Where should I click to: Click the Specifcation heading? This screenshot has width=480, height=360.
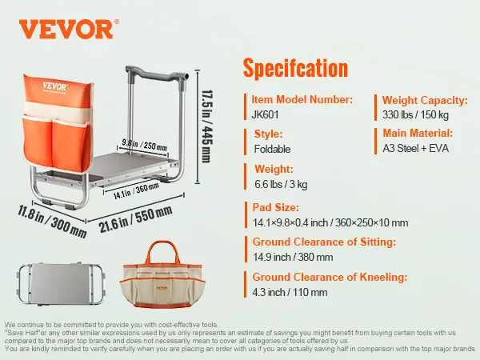pyautogui.click(x=295, y=68)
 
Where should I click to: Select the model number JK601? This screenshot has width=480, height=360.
pyautogui.click(x=265, y=114)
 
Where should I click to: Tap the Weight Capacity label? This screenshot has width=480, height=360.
pyautogui.click(x=425, y=101)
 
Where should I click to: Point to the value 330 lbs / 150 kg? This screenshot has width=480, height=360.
pyautogui.click(x=415, y=114)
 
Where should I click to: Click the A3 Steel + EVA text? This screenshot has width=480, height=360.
pyautogui.click(x=415, y=149)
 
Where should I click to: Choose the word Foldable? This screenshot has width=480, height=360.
pyautogui.click(x=272, y=149)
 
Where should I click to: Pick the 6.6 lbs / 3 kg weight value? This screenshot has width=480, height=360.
pyautogui.click(x=281, y=184)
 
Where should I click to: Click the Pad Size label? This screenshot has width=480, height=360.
pyautogui.click(x=275, y=207)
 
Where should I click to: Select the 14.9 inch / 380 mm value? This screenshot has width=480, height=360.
pyautogui.click(x=293, y=257)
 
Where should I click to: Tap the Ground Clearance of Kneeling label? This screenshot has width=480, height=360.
pyautogui.click(x=330, y=277)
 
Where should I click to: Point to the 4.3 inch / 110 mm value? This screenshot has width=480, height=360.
pyautogui.click(x=290, y=292)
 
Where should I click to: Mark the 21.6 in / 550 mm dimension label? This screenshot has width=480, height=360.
pyautogui.click(x=135, y=219)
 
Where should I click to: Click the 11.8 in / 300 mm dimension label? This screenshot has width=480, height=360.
pyautogui.click(x=52, y=222)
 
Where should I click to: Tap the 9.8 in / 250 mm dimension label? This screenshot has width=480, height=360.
pyautogui.click(x=144, y=144)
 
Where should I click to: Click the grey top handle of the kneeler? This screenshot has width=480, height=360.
pyautogui.click(x=156, y=74)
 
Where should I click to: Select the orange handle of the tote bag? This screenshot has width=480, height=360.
pyautogui.click(x=162, y=252)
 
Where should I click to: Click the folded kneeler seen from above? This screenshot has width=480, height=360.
pyautogui.click(x=61, y=284)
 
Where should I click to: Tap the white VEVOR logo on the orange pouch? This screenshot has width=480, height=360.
pyautogui.click(x=54, y=86)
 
